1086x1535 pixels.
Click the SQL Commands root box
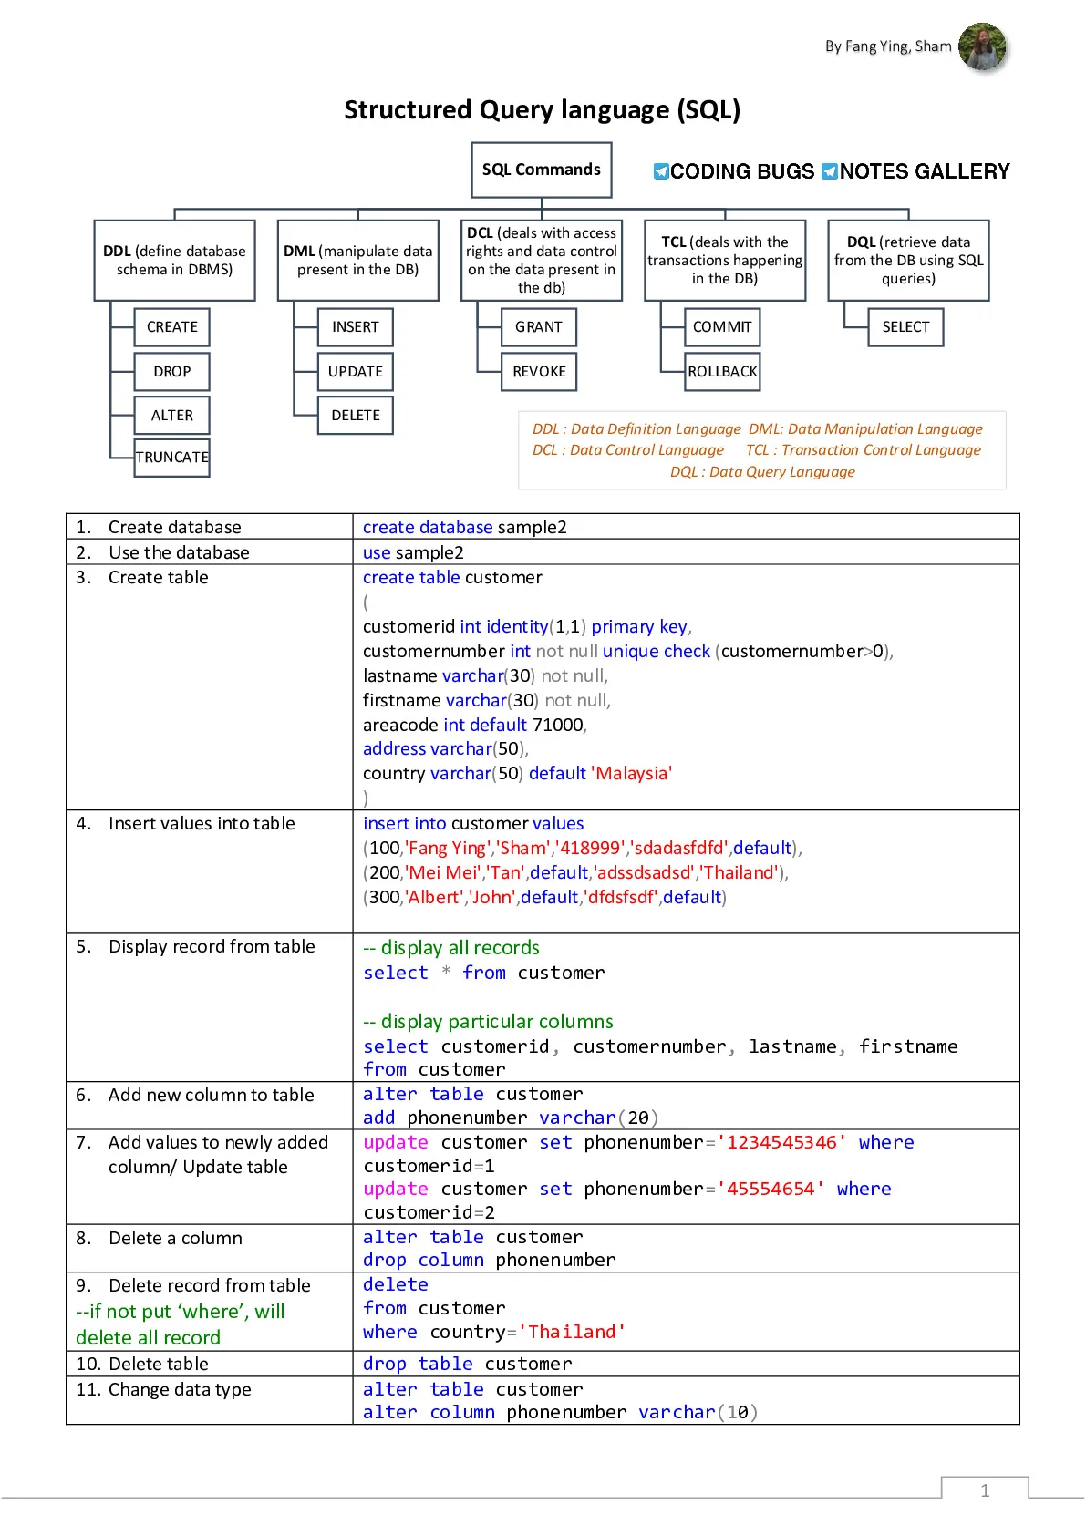[541, 170]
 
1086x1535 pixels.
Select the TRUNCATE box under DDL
[172, 457]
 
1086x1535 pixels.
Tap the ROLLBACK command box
[722, 371]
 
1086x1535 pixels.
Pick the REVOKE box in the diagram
[539, 371]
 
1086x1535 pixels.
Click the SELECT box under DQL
[905, 327]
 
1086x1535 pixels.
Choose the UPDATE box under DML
[355, 371]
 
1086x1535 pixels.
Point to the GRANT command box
[539, 327]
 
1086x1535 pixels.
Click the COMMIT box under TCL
[722, 327]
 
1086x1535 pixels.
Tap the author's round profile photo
[982, 46]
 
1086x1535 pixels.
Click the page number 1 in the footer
[985, 1490]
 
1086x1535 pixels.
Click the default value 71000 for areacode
[557, 725]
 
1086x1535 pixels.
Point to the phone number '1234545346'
[781, 1142]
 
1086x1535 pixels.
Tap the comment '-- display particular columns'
[488, 1022]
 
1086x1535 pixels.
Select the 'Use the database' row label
[179, 552]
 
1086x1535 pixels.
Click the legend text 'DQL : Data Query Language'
[762, 471]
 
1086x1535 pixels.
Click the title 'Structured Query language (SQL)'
[543, 109]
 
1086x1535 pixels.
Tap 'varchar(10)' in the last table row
[698, 1412]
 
